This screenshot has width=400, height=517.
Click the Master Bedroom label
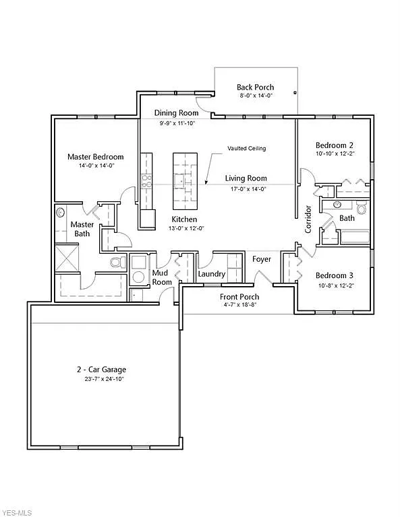point(95,157)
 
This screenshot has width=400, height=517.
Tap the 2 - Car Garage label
point(101,370)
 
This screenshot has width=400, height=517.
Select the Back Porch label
point(255,87)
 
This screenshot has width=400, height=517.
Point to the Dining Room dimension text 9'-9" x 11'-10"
point(177,124)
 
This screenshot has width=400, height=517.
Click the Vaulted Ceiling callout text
point(246,148)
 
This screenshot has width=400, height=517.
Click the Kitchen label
point(184,219)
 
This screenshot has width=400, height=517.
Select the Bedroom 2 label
point(335,145)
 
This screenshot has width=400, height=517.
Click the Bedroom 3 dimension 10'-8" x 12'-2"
point(335,286)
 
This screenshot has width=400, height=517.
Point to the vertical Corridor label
point(308,219)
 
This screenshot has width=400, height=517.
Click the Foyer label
point(262,259)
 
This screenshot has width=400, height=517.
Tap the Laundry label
point(211,274)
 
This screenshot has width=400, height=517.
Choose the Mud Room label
point(162,278)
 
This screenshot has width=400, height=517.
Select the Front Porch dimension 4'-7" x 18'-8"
point(239,306)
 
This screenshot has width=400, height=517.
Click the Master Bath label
point(82,229)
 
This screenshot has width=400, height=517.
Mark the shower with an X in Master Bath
point(67,258)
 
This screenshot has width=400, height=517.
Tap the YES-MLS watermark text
point(17,512)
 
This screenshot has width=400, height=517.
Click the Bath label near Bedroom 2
point(347,218)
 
